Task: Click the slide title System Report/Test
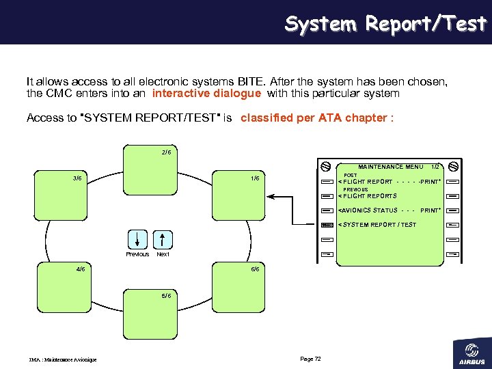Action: pos(385,24)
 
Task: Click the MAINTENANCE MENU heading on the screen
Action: pos(390,167)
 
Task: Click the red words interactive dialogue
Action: pos(206,94)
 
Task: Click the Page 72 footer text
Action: pos(310,359)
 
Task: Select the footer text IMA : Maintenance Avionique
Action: pos(63,360)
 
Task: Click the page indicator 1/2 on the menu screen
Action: pos(435,167)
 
